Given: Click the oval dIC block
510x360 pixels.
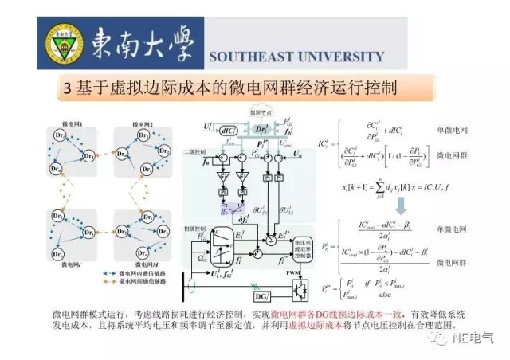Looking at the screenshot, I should coord(225,129).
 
